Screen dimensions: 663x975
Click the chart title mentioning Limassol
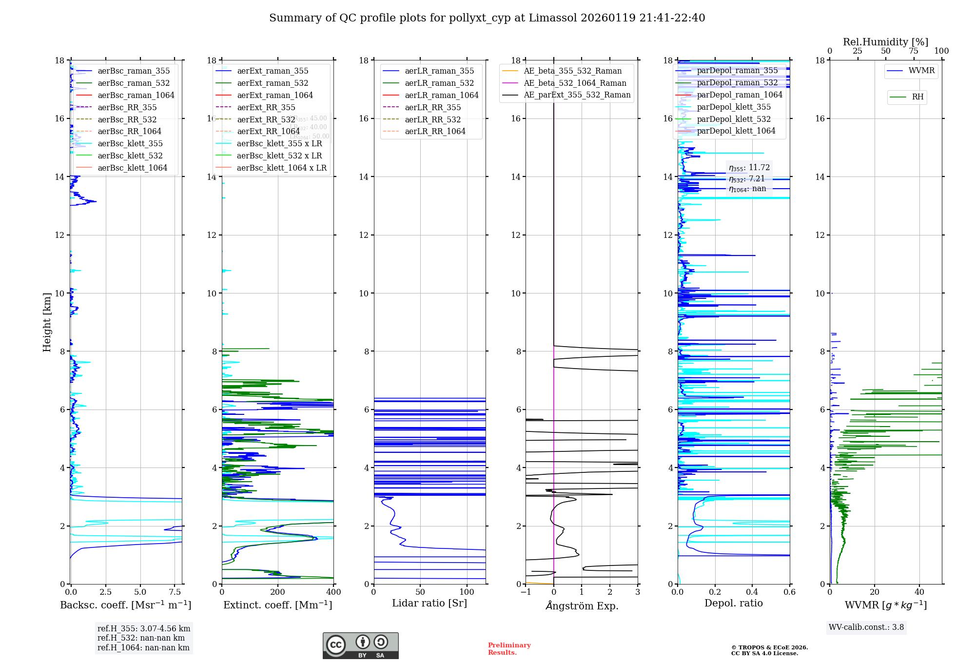(487, 18)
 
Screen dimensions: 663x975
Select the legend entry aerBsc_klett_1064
(132, 168)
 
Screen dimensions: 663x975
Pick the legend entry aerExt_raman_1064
(275, 95)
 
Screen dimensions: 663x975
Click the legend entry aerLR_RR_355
(432, 107)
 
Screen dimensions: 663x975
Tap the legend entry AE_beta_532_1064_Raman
(575, 83)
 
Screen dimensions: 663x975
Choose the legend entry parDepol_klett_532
(734, 119)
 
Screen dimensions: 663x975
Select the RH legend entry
(917, 97)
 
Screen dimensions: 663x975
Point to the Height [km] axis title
(47, 322)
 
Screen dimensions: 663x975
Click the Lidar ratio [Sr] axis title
(429, 603)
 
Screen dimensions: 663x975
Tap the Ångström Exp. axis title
(582, 605)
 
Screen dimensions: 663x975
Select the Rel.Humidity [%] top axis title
(885, 42)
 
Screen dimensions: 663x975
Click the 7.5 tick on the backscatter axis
(175, 592)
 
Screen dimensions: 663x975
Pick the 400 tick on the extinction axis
(333, 592)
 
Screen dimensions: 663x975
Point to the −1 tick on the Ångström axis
(526, 592)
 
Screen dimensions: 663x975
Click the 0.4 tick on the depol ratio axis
(752, 592)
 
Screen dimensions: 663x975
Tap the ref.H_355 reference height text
(143, 628)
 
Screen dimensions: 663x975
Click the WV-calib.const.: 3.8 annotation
(866, 627)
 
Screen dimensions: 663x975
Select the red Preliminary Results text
(509, 648)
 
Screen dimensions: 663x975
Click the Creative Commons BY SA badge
(360, 645)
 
